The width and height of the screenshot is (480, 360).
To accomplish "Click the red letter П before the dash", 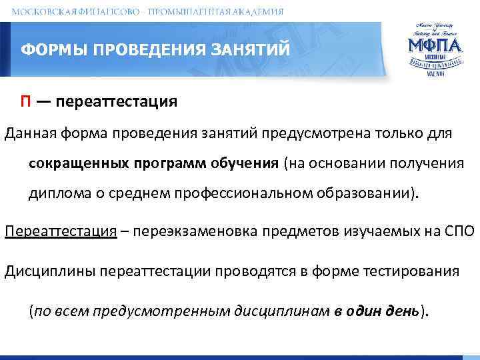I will click(x=24, y=101).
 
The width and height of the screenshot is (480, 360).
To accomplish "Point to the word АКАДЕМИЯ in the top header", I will click(x=256, y=11).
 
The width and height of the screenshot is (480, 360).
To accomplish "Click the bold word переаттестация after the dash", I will click(x=117, y=101).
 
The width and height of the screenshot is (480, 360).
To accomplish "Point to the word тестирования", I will click(x=412, y=271).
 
